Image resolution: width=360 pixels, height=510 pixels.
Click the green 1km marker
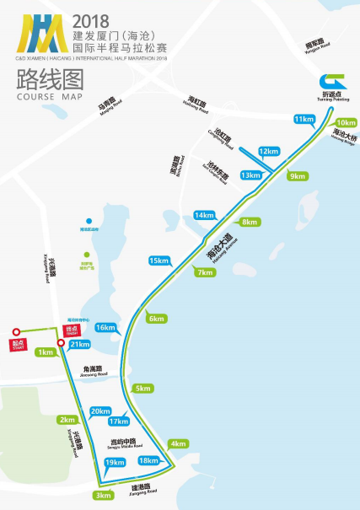[x=46, y=352]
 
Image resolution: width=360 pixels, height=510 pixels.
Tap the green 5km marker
[x=142, y=389]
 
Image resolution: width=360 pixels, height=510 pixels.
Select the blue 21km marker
[x=80, y=344]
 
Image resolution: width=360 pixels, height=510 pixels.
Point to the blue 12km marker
[x=268, y=152]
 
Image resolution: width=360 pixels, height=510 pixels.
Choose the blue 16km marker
[x=105, y=327]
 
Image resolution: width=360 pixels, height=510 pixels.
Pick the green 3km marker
[x=103, y=495]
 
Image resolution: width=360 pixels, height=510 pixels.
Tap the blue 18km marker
[x=148, y=460]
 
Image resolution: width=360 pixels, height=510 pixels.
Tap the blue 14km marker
[x=205, y=215]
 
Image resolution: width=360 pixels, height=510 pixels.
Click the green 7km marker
[x=203, y=272]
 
